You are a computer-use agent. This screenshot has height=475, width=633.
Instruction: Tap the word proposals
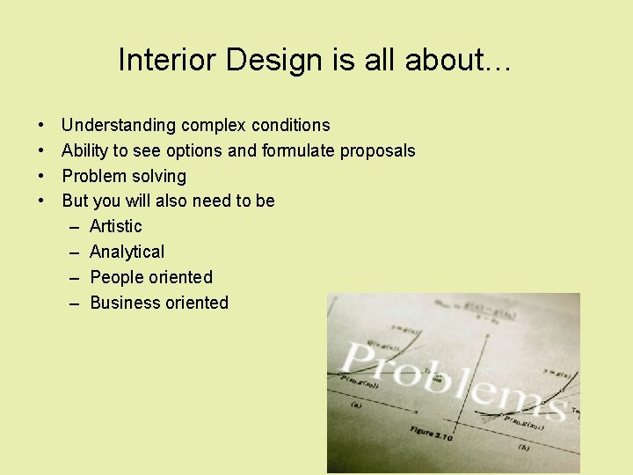pyautogui.click(x=378, y=150)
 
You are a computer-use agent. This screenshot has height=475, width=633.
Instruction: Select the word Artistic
pyautogui.click(x=115, y=226)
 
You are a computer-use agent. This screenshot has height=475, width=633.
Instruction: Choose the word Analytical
pyautogui.click(x=127, y=252)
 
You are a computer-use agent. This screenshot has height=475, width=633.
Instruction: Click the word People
pyautogui.click(x=114, y=277)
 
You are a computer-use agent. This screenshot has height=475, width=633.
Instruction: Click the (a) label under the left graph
pyautogui.click(x=356, y=406)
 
